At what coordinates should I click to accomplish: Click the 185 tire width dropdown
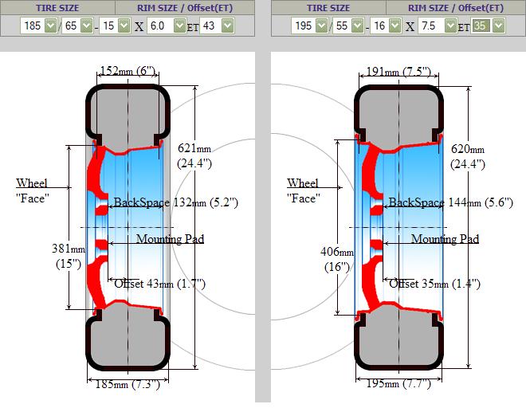[x=39, y=25]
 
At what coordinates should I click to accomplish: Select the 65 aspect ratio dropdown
[x=77, y=25]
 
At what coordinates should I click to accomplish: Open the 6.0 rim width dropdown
[x=167, y=25]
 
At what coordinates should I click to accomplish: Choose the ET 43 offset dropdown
[x=217, y=25]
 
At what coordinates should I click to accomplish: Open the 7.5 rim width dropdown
[x=437, y=25]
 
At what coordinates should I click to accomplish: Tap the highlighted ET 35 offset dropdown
[x=488, y=25]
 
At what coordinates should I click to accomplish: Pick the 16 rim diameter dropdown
[x=386, y=25]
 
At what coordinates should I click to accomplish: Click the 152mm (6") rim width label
[x=128, y=71]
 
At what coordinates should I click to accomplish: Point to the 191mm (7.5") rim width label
[x=398, y=72]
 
